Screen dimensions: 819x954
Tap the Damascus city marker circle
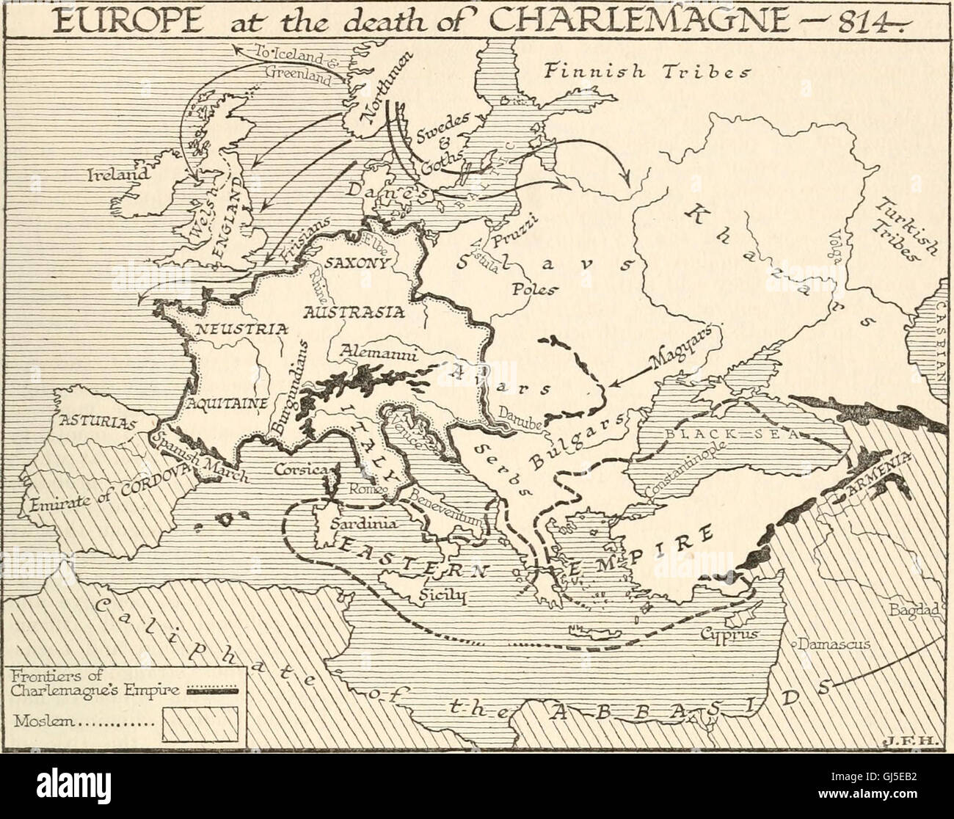pyautogui.click(x=793, y=644)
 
